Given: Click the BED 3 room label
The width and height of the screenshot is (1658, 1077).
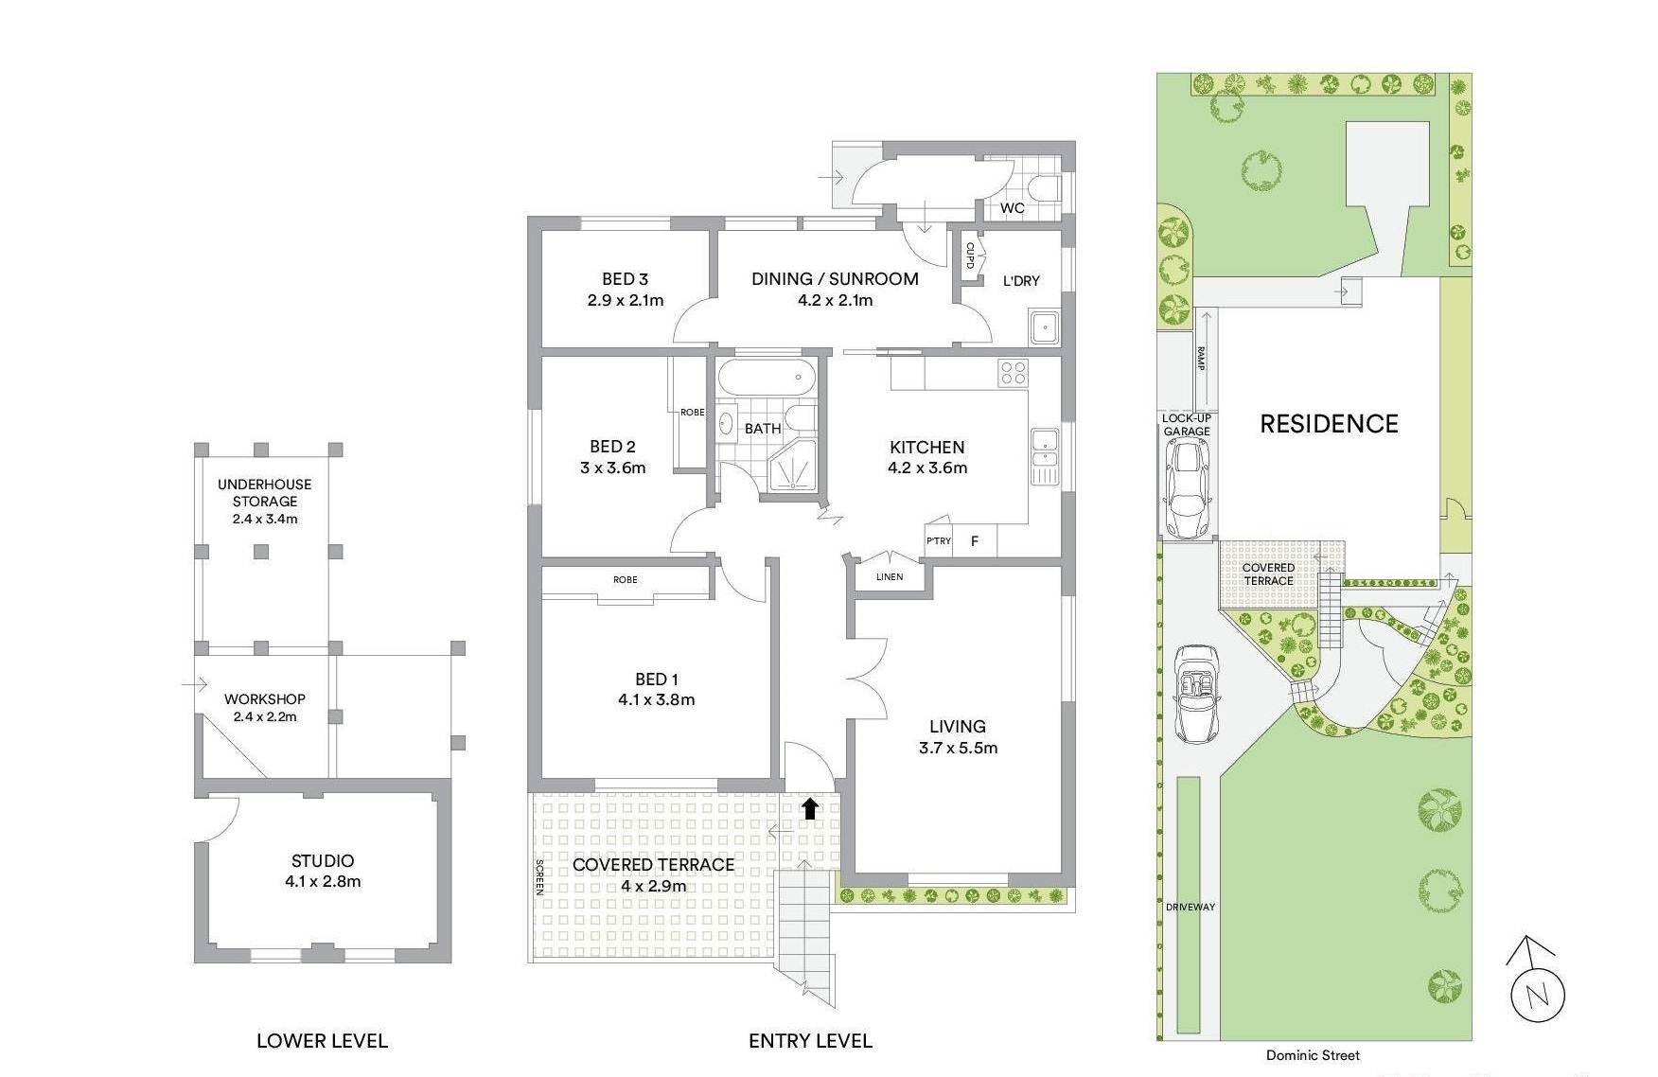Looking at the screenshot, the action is coord(625,279).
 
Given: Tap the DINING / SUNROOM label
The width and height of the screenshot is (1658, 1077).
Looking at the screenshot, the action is coord(835,279).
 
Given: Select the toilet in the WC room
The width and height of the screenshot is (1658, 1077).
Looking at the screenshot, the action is coord(1046,189).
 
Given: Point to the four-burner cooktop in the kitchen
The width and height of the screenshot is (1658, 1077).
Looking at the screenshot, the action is coord(1014,372).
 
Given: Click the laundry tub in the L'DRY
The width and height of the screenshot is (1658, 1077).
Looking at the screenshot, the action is coord(1043,327).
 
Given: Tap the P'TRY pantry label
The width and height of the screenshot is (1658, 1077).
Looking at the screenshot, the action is coord(939,541).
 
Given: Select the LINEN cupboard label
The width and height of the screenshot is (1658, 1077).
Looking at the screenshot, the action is coord(890,576).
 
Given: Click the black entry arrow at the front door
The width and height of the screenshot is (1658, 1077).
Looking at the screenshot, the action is coord(810,807).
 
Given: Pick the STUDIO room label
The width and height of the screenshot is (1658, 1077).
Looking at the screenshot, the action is coord(323,861).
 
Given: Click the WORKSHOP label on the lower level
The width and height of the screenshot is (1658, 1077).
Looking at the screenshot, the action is coord(265,699).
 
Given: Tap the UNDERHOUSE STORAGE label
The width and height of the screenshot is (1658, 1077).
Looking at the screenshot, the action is coord(265,492).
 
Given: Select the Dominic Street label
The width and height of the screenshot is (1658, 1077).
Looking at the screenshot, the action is coord(1313,1055).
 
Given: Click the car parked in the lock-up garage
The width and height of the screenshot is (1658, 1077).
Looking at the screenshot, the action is coord(1186,488).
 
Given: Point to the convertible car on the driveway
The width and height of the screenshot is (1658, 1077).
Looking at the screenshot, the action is coord(1195,694).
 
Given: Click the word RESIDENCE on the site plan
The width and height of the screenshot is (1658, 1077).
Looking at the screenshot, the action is coord(1329,424).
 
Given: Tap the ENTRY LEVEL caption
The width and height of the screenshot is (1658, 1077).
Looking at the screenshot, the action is coord(810,1041).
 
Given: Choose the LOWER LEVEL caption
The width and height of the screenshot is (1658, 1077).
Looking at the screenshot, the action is coord(322,1041).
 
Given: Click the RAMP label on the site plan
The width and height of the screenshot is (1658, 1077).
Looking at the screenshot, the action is coord(1200,359).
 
